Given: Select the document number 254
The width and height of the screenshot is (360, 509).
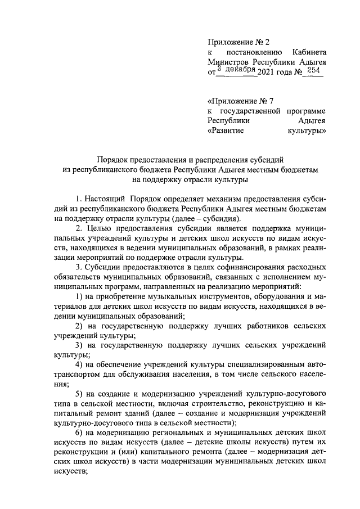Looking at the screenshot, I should (314, 71).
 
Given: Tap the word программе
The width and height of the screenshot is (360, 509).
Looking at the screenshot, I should (305, 111).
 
